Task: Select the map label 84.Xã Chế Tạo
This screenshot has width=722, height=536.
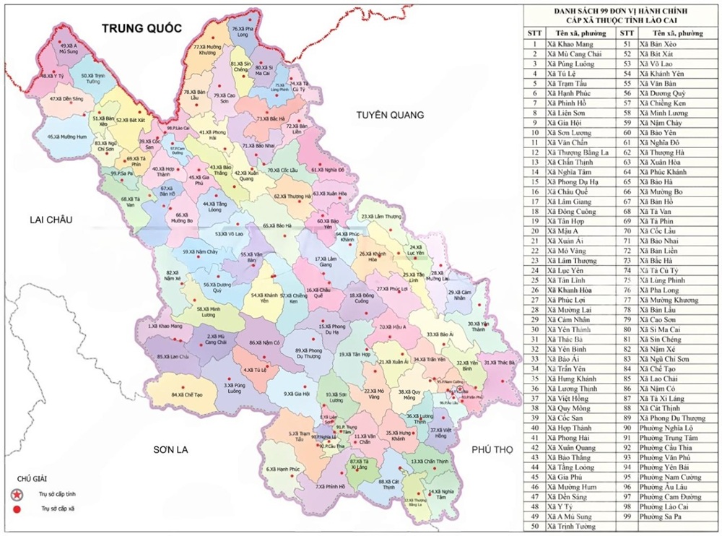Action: coord(186,395)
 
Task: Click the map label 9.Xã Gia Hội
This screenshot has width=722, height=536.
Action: coord(297,394)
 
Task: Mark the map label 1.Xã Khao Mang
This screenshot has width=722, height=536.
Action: coord(165,327)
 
